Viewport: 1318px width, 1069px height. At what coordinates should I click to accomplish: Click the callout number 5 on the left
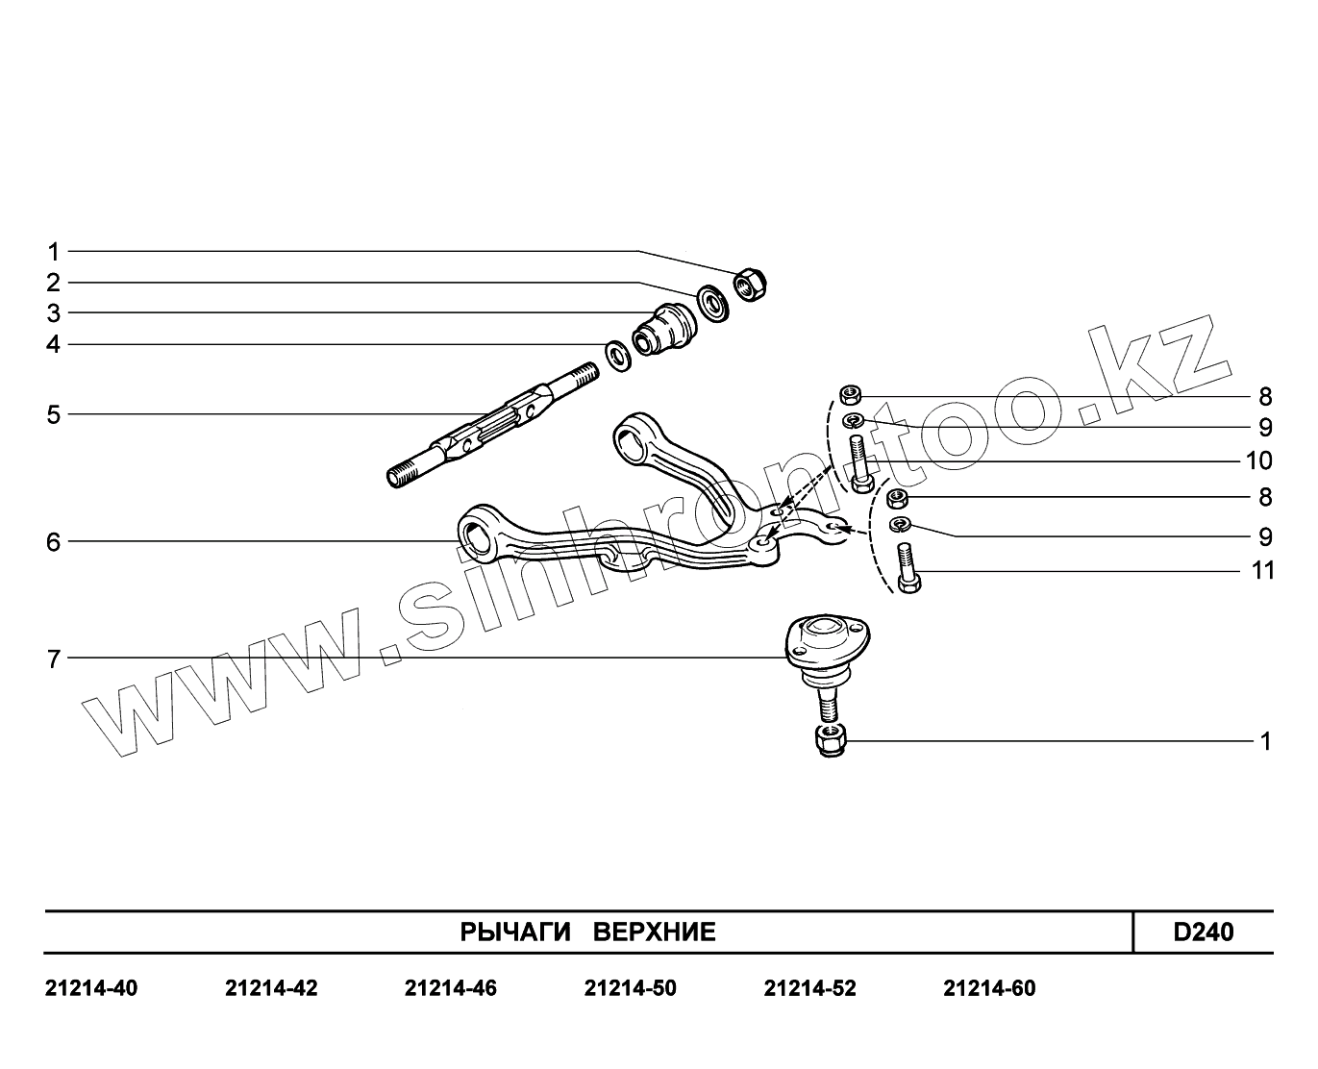click(x=54, y=415)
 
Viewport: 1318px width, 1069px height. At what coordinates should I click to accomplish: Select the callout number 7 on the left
click(x=54, y=659)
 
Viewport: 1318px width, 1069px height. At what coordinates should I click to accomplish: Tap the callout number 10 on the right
click(x=1258, y=461)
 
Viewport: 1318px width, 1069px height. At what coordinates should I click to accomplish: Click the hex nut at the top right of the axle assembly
click(x=749, y=284)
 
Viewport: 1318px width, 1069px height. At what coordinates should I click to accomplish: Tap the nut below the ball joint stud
click(x=828, y=741)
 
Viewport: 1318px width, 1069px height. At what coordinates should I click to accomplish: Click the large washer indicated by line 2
click(x=711, y=303)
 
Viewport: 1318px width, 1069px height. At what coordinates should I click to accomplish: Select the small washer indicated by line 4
click(x=616, y=354)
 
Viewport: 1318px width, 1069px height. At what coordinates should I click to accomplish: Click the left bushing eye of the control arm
click(x=476, y=534)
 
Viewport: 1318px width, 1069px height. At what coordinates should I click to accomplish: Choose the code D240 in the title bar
click(x=1203, y=932)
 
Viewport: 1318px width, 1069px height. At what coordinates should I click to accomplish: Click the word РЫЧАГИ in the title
click(x=514, y=932)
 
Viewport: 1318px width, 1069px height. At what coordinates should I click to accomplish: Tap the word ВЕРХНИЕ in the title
click(x=654, y=932)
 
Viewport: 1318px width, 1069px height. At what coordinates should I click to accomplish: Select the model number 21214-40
click(x=91, y=988)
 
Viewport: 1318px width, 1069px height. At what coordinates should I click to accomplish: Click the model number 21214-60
click(x=989, y=988)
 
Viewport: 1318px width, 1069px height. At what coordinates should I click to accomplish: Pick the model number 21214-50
click(x=630, y=988)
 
